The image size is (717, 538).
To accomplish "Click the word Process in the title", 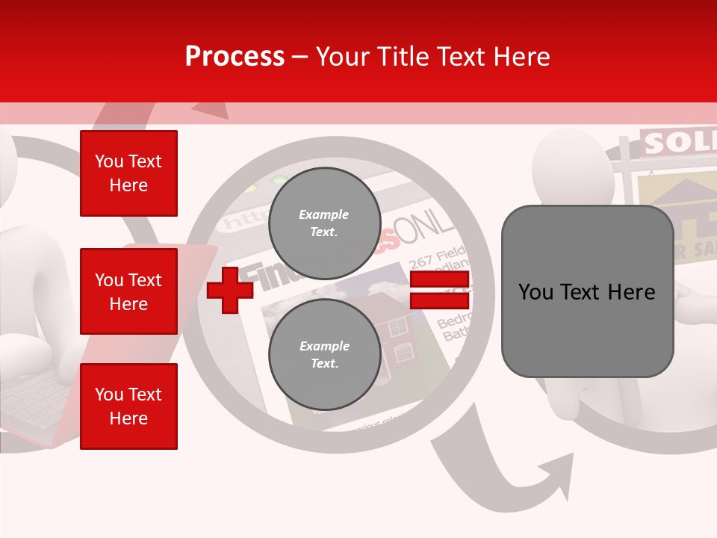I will (x=235, y=57).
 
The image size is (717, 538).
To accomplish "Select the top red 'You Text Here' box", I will (x=128, y=173).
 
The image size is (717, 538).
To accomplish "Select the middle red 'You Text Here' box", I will (x=128, y=291).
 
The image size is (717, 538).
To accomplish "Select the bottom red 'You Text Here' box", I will (x=128, y=406).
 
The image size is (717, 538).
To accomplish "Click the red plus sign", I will (x=230, y=290).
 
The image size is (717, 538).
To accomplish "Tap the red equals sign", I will (x=439, y=290).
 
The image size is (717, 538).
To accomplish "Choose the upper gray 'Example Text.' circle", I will (x=324, y=223).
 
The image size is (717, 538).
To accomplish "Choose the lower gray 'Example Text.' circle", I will (x=324, y=355).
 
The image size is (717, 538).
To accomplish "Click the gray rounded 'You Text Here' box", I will (x=587, y=291).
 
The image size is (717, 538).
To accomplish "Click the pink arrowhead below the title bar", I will (x=213, y=111).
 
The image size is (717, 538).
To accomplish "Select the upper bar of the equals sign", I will (x=439, y=280).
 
